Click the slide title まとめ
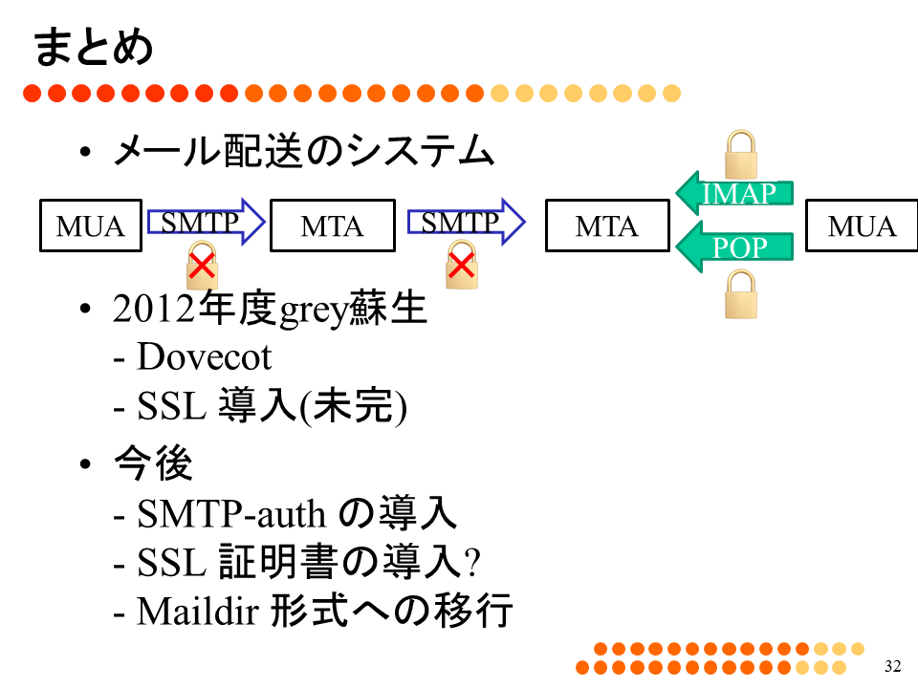click(94, 47)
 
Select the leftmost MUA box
click(91, 226)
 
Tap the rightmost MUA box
click(862, 226)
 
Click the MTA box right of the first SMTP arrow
click(333, 226)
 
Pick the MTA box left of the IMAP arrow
click(607, 226)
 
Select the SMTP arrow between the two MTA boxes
click(467, 222)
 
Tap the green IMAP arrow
click(734, 193)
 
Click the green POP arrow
click(734, 247)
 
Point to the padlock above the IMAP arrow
click(741, 155)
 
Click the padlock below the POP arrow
click(741, 294)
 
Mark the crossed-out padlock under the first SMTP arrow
click(202, 267)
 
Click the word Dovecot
click(205, 356)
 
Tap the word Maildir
click(198, 611)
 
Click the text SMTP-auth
click(230, 514)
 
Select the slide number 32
click(893, 666)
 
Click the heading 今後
click(153, 463)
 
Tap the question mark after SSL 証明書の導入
click(472, 562)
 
